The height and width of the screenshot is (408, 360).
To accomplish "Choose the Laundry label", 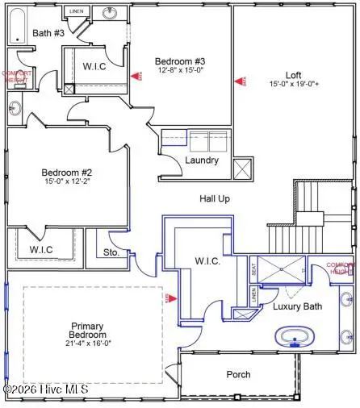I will [x=201, y=160].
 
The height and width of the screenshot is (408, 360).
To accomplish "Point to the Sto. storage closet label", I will [x=111, y=252].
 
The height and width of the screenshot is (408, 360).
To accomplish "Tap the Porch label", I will [x=238, y=374].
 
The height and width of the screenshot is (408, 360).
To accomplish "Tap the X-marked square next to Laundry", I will [x=243, y=169].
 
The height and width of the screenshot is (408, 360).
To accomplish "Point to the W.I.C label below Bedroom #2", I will [x=41, y=249].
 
